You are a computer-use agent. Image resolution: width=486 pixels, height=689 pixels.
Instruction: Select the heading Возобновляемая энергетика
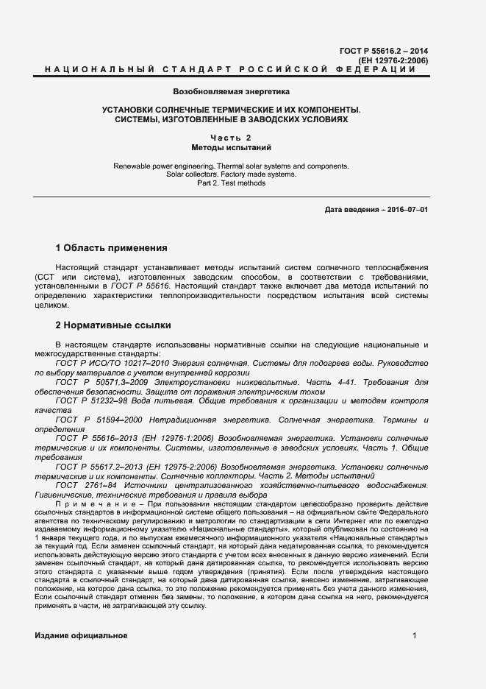pyautogui.click(x=232, y=92)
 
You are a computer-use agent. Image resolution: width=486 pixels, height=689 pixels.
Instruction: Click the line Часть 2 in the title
pyautogui.click(x=232, y=138)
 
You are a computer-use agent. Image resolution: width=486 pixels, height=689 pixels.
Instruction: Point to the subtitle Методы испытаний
pyautogui.click(x=232, y=148)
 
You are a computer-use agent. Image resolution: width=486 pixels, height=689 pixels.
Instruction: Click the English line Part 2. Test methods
pyautogui.click(x=232, y=183)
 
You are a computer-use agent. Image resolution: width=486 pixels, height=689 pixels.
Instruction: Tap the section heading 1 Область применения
pyautogui.click(x=112, y=247)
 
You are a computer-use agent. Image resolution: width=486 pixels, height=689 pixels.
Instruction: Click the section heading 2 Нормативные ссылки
pyautogui.click(x=114, y=324)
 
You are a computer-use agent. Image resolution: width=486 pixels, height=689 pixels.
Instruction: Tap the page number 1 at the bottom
pyautogui.click(x=415, y=635)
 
